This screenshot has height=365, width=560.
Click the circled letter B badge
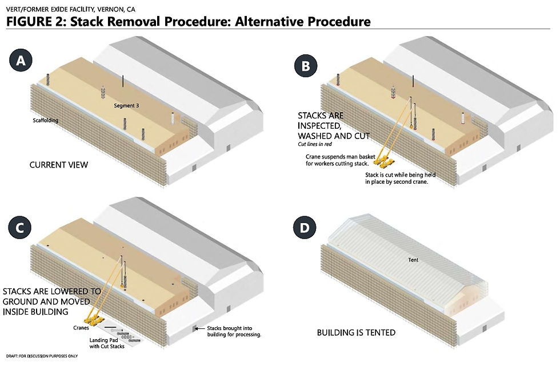(306, 66)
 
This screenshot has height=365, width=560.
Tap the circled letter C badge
(21, 228)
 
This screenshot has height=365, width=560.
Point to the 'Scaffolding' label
(46, 121)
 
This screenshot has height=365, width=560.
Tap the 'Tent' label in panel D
(413, 260)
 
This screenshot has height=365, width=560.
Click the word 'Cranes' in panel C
(81, 327)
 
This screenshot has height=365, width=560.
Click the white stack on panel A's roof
(171, 118)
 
